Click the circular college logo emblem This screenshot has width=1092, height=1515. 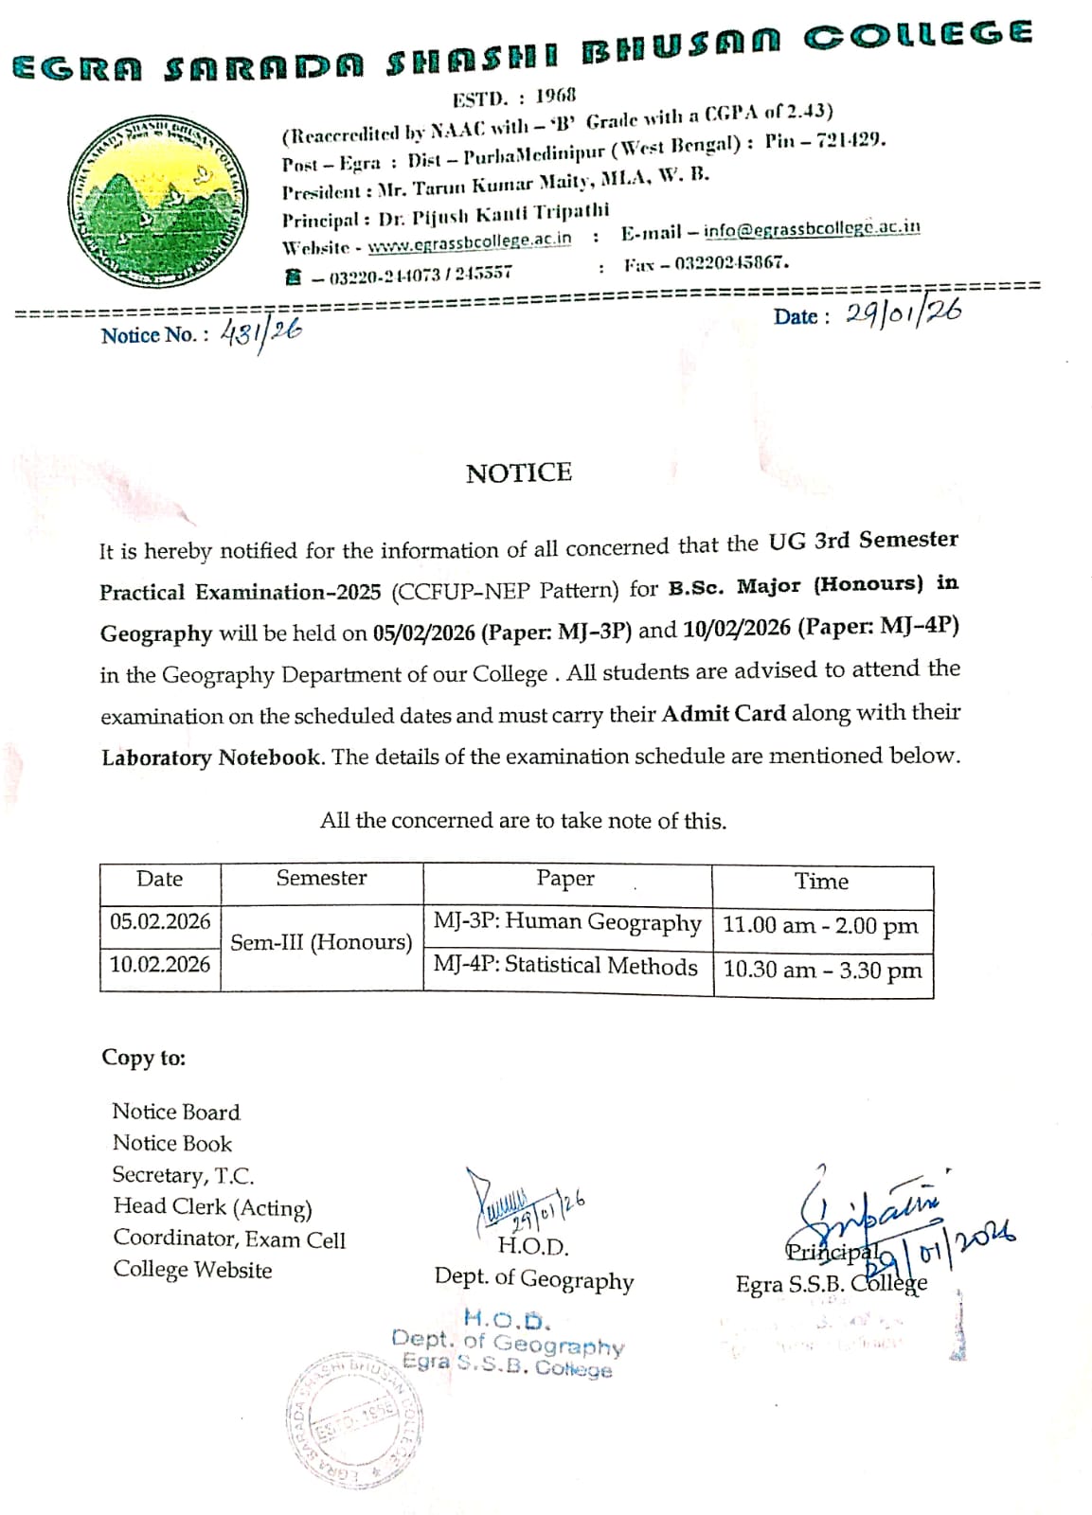[157, 202]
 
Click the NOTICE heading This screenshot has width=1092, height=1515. [519, 472]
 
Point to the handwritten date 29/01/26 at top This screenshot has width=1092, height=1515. [903, 313]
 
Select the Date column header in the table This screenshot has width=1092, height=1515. [159, 879]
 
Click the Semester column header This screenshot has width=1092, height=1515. [321, 878]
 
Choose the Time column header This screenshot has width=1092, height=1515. [821, 882]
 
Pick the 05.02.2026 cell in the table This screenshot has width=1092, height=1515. [160, 920]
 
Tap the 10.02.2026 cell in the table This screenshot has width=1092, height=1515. [160, 964]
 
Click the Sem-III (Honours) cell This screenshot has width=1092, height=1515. [321, 942]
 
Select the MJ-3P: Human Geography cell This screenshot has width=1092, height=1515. [567, 921]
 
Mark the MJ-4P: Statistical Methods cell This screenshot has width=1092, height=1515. [565, 966]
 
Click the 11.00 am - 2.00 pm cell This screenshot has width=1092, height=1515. [820, 925]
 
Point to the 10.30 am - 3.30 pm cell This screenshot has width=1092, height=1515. [822, 970]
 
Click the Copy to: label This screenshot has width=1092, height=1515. [144, 1058]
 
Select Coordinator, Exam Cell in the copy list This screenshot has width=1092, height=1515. [229, 1239]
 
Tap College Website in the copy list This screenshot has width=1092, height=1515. [192, 1270]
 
